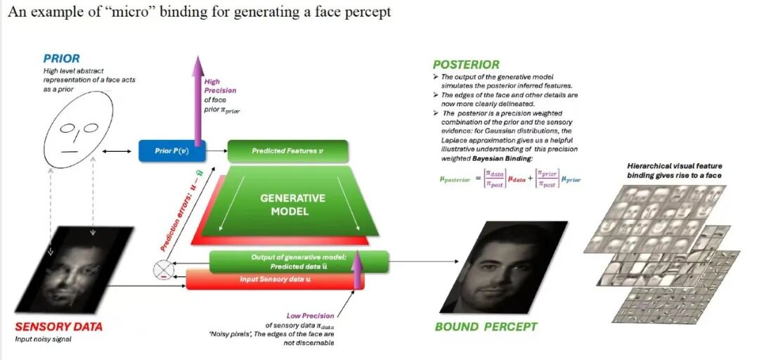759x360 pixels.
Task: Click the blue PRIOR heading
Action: (x=62, y=58)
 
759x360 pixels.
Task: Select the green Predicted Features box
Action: (x=287, y=150)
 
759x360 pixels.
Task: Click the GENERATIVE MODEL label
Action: (x=293, y=204)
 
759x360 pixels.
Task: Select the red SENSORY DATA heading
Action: (x=58, y=326)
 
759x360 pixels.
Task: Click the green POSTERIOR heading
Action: (x=466, y=64)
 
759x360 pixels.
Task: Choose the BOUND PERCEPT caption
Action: (x=486, y=327)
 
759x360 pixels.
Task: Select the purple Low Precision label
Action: (x=311, y=316)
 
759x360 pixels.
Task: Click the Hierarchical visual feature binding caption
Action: (x=675, y=170)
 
